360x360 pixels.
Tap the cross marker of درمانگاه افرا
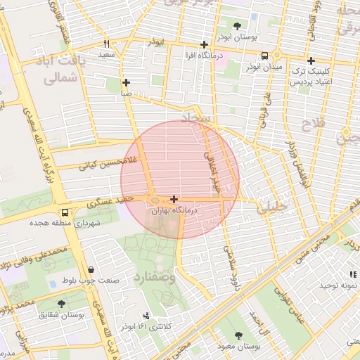point(204,44)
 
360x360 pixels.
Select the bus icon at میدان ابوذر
point(264,56)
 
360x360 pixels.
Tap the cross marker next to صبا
point(126,82)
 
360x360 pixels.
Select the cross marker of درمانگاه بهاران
point(174,200)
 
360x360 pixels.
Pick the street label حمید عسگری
point(105,203)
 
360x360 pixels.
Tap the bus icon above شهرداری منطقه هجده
point(65,212)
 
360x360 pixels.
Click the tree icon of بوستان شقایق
point(61,304)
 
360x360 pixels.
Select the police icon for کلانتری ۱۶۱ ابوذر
point(146,316)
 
